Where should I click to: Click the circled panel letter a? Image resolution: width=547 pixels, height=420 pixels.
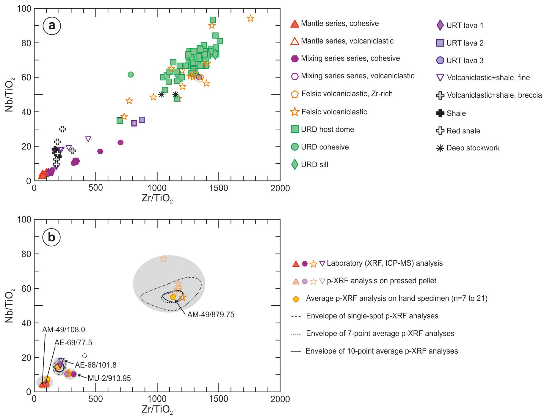[52, 26]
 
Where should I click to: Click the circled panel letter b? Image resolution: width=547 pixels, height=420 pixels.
[51, 237]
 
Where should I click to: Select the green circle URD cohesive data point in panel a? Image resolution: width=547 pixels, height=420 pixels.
[131, 74]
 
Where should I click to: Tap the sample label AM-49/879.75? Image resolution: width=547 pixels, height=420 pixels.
[211, 315]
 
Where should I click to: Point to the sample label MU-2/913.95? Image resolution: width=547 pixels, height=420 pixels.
[109, 378]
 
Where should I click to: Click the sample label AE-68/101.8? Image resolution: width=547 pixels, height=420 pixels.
[95, 365]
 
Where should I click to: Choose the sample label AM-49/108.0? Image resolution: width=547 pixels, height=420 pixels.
[63, 329]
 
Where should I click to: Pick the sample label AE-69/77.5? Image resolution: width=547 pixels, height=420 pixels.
[73, 343]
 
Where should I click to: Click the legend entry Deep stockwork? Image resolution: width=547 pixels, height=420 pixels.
[473, 148]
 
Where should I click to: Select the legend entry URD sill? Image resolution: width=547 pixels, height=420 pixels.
[314, 164]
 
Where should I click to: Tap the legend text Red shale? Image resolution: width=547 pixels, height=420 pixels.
[463, 131]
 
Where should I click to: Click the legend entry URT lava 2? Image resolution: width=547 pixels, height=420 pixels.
[465, 43]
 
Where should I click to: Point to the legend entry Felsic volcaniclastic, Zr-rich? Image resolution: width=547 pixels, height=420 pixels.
[347, 94]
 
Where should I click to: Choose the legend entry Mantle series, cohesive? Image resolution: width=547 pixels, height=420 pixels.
[340, 24]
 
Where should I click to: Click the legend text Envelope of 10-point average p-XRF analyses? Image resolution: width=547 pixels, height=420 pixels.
[381, 351]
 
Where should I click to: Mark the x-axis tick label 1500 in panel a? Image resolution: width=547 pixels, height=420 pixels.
[219, 188]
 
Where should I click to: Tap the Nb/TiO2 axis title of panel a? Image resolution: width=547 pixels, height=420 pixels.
[10, 95]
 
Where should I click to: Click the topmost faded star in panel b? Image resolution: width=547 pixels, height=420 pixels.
[163, 259]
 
